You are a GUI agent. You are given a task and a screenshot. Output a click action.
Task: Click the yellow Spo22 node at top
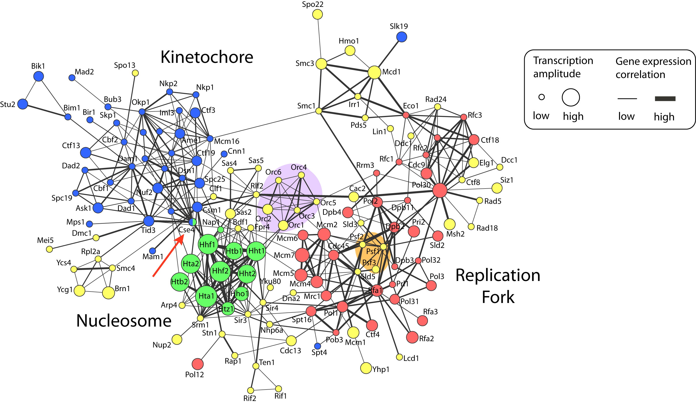tap(317, 14)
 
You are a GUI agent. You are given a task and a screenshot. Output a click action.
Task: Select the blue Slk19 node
tap(402, 37)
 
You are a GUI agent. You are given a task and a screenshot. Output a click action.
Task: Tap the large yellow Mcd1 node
tap(374, 72)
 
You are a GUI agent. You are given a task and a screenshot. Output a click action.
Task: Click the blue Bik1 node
tap(38, 76)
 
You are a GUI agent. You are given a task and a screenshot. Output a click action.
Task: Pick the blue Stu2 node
tap(23, 104)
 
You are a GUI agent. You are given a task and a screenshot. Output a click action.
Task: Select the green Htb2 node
tap(180, 282)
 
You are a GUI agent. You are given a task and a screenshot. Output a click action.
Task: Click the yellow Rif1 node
tap(279, 389)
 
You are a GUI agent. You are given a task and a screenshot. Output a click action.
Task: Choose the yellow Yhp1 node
tap(366, 368)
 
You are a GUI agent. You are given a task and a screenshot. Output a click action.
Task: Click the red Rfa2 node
tap(412, 337)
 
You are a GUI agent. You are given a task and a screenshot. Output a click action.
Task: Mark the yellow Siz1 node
tap(497, 188)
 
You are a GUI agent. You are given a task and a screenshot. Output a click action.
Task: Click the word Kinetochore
tap(207, 57)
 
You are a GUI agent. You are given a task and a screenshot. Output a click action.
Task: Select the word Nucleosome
tap(124, 321)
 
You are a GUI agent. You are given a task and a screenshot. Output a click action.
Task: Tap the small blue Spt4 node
tap(318, 346)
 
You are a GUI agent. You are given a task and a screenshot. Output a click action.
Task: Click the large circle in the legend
tap(571, 97)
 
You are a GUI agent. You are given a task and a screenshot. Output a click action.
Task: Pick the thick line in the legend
tap(665, 99)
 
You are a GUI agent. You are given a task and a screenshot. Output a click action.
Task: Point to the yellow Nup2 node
tap(177, 339)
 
